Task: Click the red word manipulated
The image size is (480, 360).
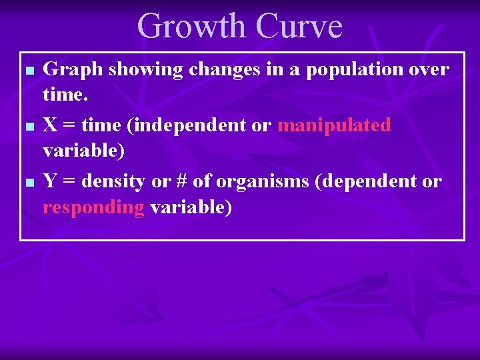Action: point(334,125)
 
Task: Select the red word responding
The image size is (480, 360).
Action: point(93,207)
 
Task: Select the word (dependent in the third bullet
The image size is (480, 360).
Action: point(365,181)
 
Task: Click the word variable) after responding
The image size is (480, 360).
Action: point(191,207)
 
